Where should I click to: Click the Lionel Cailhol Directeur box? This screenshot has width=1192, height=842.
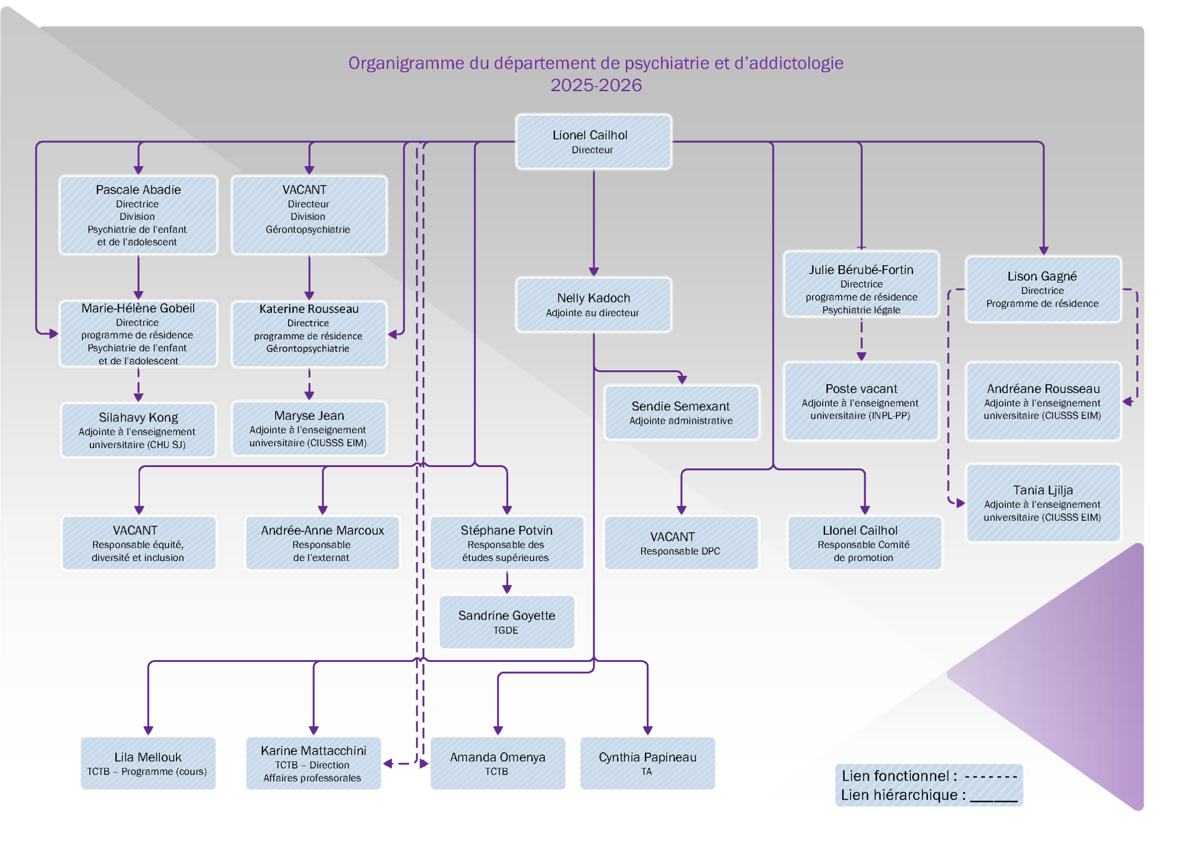[593, 141]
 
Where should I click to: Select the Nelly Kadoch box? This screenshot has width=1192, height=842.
[593, 305]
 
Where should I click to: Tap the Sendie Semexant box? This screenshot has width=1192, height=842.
[682, 413]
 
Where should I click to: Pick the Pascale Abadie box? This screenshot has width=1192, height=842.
[138, 215]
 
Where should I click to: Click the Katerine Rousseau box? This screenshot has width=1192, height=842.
[309, 334]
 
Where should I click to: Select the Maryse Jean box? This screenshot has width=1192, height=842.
[309, 428]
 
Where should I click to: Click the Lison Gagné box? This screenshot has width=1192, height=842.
[1043, 289]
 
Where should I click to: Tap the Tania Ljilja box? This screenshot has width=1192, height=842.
[1043, 503]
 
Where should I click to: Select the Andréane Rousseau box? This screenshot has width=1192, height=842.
[1043, 401]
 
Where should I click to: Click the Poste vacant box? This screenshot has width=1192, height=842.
[861, 401]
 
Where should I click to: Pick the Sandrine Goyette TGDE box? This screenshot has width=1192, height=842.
[507, 621]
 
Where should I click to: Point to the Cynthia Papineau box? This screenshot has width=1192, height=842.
[647, 763]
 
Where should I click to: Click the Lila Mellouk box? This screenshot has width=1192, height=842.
[148, 763]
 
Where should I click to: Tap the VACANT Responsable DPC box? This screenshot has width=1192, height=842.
[681, 543]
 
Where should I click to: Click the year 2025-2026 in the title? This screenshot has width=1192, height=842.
[596, 85]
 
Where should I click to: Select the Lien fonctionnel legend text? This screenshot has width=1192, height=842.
[899, 775]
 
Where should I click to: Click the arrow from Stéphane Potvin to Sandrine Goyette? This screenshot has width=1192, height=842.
[507, 583]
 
